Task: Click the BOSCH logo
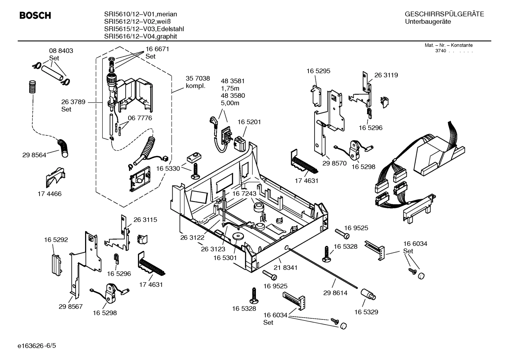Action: (35, 16)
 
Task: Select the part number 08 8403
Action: (61, 51)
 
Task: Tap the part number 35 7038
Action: (198, 78)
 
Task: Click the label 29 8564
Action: (34, 155)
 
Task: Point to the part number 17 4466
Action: (49, 194)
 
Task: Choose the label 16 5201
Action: (249, 122)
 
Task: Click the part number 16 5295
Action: (318, 71)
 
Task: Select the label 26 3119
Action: (386, 75)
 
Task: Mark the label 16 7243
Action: (244, 194)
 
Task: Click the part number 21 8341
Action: (285, 267)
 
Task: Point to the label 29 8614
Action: (335, 293)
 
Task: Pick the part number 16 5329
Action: (366, 312)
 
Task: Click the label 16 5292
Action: (56, 240)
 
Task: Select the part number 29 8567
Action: (71, 306)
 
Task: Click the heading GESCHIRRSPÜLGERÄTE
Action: (444, 14)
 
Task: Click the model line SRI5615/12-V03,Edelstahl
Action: (144, 29)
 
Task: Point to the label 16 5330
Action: (168, 169)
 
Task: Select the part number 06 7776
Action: (140, 118)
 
